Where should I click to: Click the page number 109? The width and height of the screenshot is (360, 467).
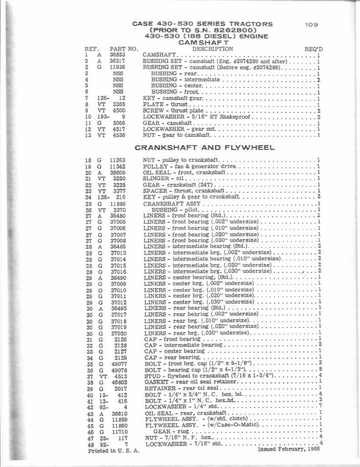312,25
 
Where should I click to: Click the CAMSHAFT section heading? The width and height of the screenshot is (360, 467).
202,42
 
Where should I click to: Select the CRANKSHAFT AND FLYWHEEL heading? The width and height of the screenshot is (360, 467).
205,147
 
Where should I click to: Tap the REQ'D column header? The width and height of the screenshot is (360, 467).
314,49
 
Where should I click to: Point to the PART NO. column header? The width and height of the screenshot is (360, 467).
123,49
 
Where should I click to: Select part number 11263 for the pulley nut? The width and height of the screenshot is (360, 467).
117,160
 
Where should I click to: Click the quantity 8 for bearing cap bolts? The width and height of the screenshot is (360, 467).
321,369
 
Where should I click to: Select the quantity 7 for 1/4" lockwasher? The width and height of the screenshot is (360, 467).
321,406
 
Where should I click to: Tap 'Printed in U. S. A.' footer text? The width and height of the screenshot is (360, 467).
114,451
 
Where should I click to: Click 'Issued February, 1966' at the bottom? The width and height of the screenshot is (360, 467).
288,449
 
